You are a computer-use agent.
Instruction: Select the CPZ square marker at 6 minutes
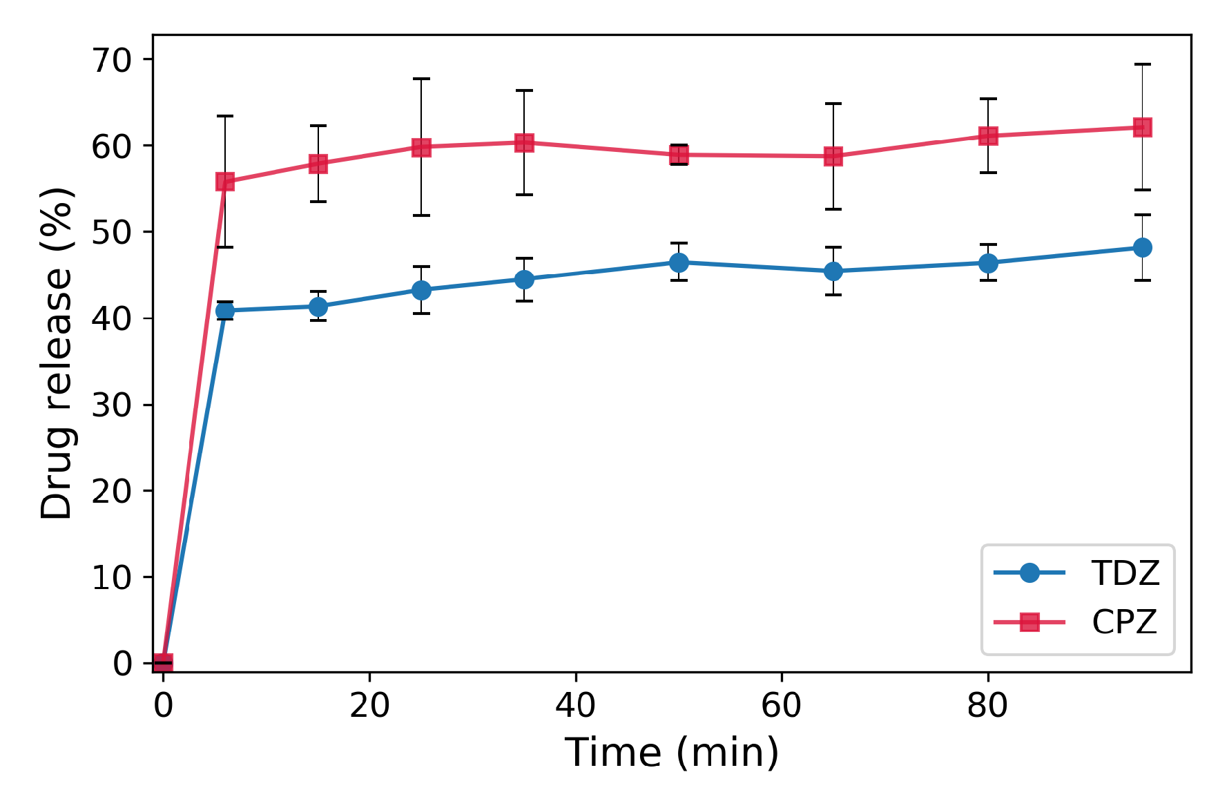(225, 182)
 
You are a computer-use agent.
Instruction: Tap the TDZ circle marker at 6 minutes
(225, 311)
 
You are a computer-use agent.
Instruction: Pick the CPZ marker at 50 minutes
(679, 155)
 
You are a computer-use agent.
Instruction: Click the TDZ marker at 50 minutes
(679, 262)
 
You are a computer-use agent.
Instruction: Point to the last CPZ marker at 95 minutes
(1142, 127)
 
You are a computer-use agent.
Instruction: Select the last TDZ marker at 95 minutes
(1142, 247)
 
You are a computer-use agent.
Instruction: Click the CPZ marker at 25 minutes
(421, 147)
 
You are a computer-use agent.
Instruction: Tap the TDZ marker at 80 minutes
(988, 263)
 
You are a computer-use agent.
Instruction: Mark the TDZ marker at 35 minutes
(524, 280)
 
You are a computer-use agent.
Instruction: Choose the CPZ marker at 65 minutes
(833, 157)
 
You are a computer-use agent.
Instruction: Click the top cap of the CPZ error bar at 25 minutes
(421, 79)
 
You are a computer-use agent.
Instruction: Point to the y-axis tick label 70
(112, 60)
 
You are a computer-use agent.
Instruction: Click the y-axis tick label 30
(112, 405)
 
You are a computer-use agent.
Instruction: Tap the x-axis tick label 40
(575, 706)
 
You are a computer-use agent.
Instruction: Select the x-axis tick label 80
(987, 706)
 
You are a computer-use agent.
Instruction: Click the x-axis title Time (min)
(672, 752)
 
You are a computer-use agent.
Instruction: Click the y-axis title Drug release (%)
(57, 352)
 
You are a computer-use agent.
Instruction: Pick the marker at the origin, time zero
(163, 663)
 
